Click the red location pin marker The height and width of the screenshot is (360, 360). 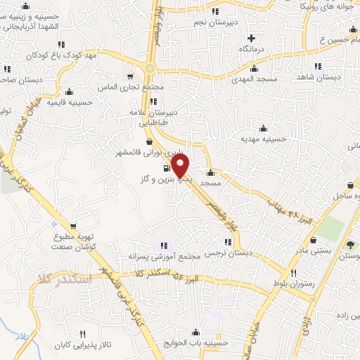[181, 166]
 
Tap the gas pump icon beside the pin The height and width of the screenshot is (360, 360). [165, 168]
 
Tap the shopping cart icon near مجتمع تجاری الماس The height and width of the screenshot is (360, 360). [130, 75]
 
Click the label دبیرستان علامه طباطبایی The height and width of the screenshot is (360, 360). [152, 116]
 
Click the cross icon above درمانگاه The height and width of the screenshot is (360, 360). [252, 37]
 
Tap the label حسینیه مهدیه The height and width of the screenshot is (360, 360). [263, 139]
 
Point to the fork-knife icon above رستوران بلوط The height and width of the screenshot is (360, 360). [295, 273]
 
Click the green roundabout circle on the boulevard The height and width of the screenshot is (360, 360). [150, 68]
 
